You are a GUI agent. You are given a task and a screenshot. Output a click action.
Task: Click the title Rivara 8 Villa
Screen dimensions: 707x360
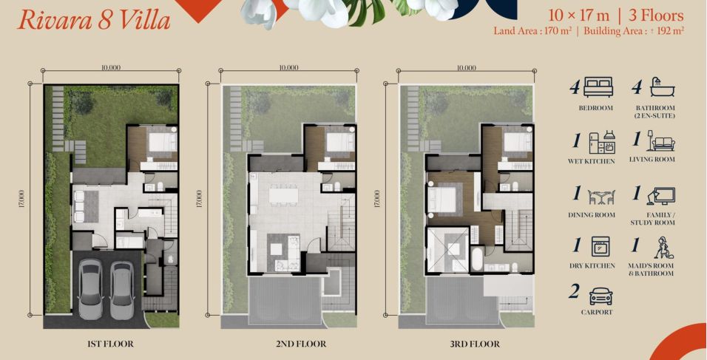click(94, 21)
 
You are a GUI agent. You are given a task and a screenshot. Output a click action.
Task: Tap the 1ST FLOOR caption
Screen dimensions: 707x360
click(110, 344)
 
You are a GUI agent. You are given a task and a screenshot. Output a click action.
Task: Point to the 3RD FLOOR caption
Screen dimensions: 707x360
click(475, 344)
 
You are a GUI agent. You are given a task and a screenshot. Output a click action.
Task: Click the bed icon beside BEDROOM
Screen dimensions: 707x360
click(598, 87)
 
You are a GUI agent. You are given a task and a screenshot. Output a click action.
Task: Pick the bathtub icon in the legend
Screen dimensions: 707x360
click(663, 87)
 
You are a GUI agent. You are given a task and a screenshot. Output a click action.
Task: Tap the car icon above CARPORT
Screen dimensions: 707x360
click(601, 296)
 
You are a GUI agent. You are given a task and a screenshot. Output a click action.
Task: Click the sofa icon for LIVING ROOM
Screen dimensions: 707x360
click(661, 141)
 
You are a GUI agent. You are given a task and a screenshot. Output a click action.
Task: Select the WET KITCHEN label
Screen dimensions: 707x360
click(591, 161)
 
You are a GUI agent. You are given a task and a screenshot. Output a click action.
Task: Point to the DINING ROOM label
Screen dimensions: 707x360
click(592, 215)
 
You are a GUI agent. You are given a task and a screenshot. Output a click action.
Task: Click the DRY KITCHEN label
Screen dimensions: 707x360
click(592, 266)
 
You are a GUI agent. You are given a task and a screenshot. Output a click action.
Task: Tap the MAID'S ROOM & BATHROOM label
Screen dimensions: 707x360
click(651, 269)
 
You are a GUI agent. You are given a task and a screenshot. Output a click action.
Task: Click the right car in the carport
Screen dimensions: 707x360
click(122, 288)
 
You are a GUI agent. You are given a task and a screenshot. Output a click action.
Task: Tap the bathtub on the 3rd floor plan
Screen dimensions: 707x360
click(476, 258)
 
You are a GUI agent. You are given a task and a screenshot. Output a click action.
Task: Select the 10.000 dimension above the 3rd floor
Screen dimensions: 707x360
click(466, 67)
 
